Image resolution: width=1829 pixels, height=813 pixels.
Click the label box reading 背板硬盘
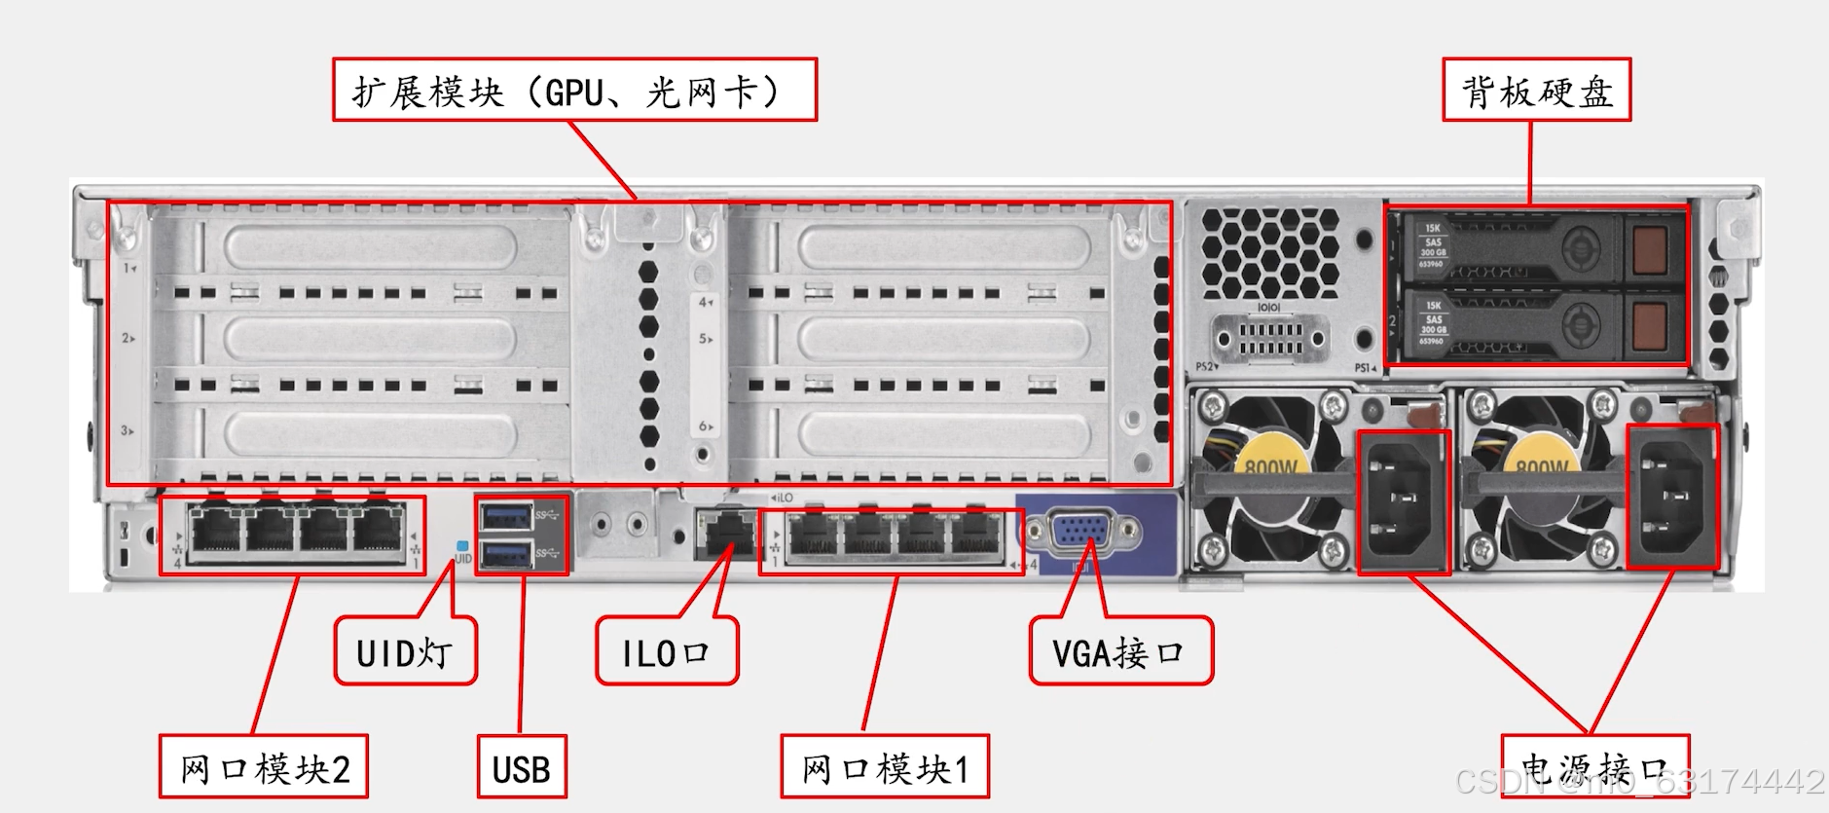[x=1536, y=91]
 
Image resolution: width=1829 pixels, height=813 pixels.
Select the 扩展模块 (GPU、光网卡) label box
[x=574, y=91]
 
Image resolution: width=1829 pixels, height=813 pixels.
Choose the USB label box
[x=522, y=768]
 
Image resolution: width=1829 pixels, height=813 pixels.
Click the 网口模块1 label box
[x=885, y=768]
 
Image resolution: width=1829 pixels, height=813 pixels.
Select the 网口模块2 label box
[x=264, y=768]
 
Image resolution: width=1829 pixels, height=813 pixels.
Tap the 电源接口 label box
[x=1594, y=768]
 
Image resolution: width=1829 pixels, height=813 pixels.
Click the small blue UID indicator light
[x=462, y=546]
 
